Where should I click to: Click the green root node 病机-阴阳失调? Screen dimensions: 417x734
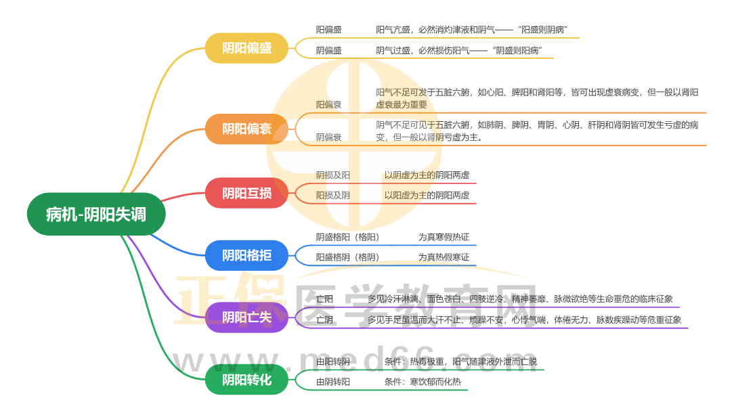[x=95, y=215]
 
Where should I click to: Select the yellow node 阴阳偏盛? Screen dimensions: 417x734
[x=247, y=48]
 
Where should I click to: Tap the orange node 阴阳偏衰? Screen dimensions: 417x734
[x=247, y=129]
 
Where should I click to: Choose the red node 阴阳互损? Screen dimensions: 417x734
[x=247, y=193]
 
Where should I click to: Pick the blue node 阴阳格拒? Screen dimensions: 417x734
[x=247, y=255]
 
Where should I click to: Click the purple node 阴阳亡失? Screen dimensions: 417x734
[x=247, y=317]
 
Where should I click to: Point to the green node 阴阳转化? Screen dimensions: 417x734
[x=247, y=380]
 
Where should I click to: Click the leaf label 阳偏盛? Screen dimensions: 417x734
[x=329, y=30]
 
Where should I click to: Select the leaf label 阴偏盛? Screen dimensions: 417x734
[x=329, y=50]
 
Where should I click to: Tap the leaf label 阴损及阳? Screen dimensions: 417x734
[x=333, y=175]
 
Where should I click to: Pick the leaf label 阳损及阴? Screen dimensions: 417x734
[x=333, y=195]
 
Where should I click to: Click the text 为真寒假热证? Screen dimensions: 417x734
[x=444, y=237]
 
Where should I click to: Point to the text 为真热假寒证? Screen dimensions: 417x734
[x=444, y=257]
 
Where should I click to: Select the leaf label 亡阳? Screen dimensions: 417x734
[x=325, y=299]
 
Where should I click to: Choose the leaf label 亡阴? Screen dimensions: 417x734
[x=325, y=320]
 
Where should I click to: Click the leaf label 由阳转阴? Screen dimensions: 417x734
[x=333, y=361]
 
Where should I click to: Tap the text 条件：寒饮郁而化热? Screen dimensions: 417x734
[x=423, y=382]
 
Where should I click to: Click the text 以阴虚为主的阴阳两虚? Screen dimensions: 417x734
[x=427, y=175]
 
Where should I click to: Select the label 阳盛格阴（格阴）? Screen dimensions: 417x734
[x=347, y=257]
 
